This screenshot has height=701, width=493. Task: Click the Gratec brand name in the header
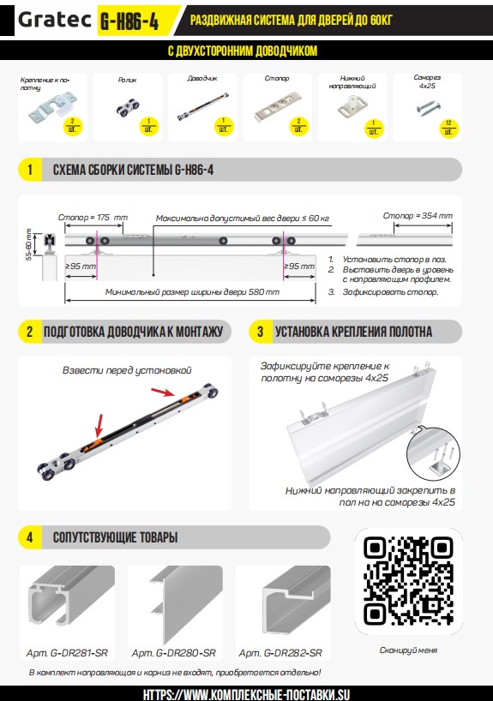(54, 20)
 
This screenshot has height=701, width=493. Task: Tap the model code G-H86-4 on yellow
(129, 21)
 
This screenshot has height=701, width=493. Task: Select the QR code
(408, 581)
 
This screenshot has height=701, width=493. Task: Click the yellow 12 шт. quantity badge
(448, 128)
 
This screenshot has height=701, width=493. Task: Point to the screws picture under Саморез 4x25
(429, 108)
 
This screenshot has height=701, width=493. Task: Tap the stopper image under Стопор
(279, 106)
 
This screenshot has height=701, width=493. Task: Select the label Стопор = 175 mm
(93, 218)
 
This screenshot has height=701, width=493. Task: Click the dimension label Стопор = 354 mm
(418, 215)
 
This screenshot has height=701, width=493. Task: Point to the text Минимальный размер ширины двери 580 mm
(192, 292)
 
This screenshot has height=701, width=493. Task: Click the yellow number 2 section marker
(29, 332)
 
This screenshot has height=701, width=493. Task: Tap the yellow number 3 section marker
(261, 332)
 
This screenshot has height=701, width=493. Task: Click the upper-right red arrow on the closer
(163, 392)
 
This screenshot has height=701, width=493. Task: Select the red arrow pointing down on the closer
(99, 426)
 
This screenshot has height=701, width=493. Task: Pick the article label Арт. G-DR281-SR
(67, 653)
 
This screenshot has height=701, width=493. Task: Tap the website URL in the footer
(246, 694)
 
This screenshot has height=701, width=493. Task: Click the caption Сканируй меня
(408, 650)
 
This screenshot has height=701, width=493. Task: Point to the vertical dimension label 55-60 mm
(29, 244)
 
